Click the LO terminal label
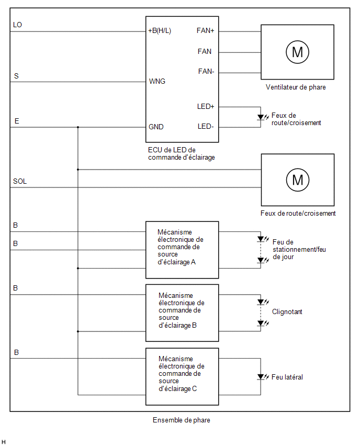tap(17, 25)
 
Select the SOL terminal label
tap(20, 181)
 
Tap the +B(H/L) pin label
tap(160, 31)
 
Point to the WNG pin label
tap(157, 81)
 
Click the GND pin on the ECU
tap(156, 127)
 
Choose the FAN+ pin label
tap(205, 30)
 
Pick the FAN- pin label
tap(206, 71)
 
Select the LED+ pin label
tap(206, 106)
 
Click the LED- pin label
tap(206, 126)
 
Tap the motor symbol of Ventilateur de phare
tap(297, 52)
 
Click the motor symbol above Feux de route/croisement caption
tap(298, 180)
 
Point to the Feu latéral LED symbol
tap(263, 377)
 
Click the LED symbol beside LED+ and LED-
tap(263, 117)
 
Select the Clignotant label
tap(287, 312)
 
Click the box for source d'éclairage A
tap(182, 250)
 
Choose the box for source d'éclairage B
tap(182, 313)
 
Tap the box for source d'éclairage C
tap(182, 376)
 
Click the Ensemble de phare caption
tap(182, 420)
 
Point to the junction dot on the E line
tap(78, 127)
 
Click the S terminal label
tap(16, 76)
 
